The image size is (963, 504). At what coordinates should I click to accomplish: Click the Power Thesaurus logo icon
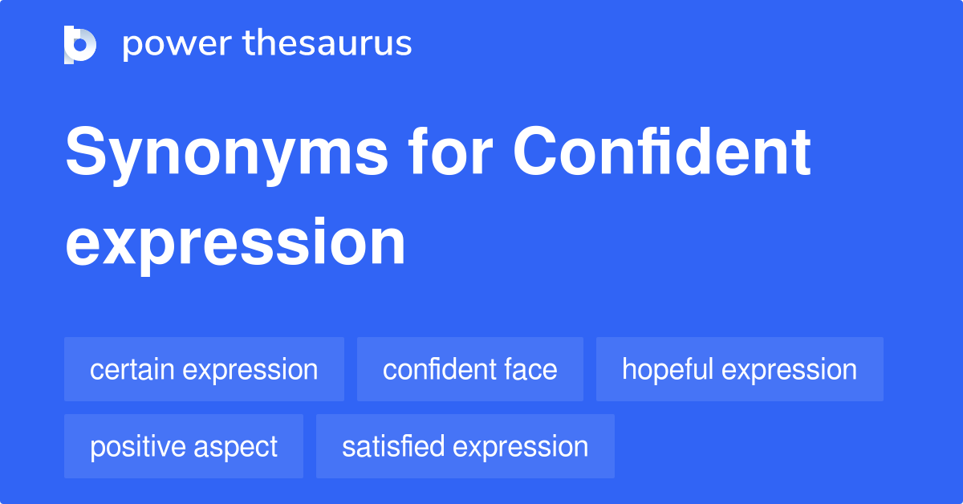[80, 44]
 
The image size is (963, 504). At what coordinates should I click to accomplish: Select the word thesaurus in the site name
[327, 44]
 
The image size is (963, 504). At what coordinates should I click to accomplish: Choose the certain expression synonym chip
[204, 369]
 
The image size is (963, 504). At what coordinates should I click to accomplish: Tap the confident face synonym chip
[469, 369]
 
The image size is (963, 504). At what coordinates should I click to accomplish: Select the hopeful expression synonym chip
[739, 369]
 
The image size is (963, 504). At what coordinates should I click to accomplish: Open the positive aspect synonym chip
[184, 446]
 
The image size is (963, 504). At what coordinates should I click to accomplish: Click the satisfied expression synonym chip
[465, 446]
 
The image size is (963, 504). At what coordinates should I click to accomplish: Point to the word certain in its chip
[132, 370]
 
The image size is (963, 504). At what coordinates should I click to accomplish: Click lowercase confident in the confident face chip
[438, 370]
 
